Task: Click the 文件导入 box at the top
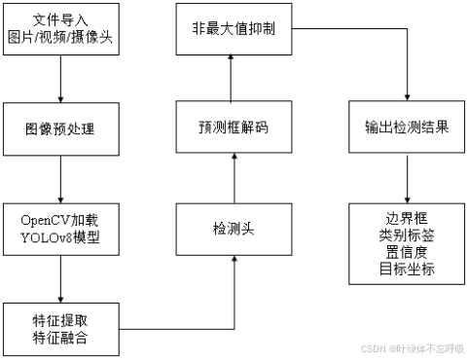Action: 61,32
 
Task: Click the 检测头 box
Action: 232,229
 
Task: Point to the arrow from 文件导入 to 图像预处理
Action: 61,81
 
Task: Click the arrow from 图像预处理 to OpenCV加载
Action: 61,177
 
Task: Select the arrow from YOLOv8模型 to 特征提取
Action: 61,277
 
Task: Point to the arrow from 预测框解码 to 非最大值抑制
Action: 232,76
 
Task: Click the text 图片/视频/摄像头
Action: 61,40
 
